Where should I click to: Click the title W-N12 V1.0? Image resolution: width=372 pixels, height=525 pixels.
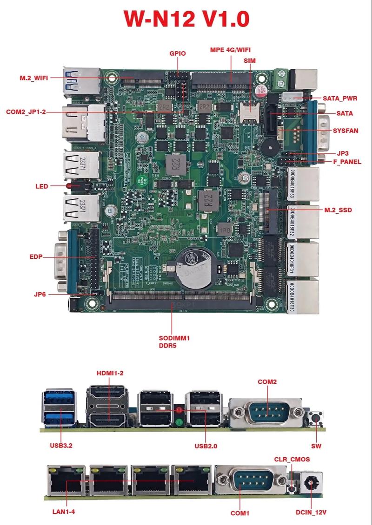tap(186, 19)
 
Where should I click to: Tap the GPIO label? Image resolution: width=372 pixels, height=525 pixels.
tap(177, 53)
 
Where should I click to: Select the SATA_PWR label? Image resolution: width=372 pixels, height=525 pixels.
tap(341, 98)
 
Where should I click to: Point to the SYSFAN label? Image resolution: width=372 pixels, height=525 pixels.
tap(345, 131)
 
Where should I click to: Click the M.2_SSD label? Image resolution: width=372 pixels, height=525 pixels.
tap(338, 210)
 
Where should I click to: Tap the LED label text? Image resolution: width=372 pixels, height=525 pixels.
tap(42, 186)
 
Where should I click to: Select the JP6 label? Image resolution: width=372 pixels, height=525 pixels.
tap(40, 294)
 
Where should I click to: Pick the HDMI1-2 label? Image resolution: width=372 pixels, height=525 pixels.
tap(110, 373)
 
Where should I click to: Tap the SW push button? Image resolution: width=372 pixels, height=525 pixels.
tap(317, 418)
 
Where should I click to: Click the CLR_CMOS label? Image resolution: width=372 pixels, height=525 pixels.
tap(292, 459)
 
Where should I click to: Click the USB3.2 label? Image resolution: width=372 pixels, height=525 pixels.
tap(61, 446)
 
